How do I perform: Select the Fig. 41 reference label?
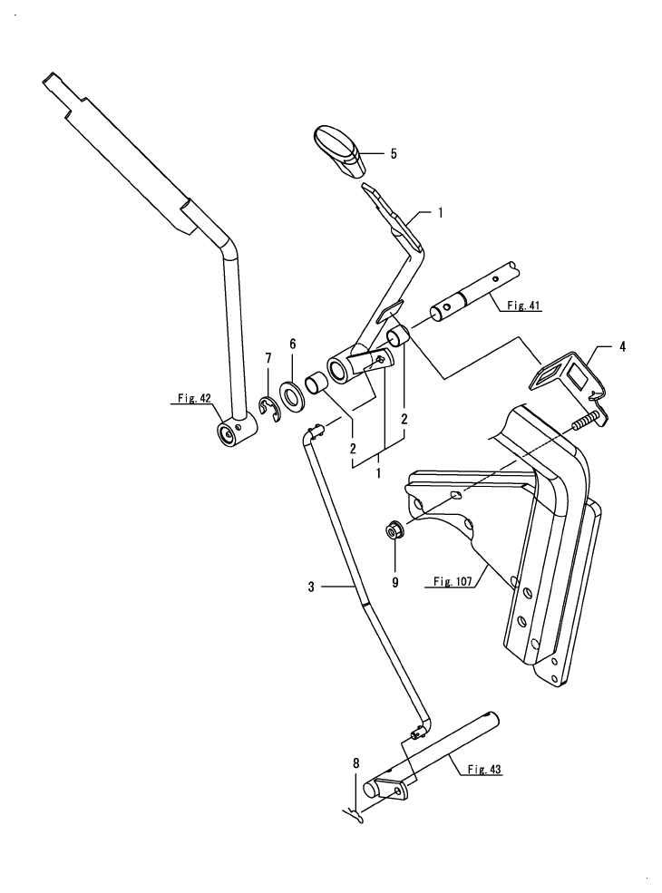tap(521, 306)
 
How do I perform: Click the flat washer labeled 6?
tap(293, 395)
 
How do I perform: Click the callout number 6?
tap(292, 345)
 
